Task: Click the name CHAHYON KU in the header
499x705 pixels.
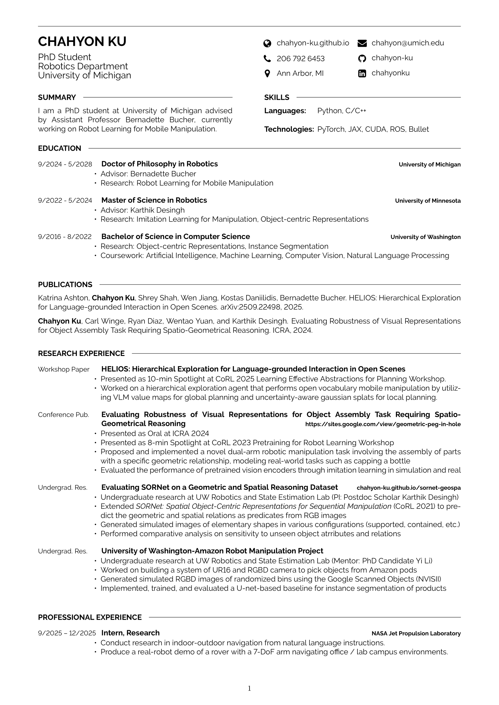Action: click(82, 42)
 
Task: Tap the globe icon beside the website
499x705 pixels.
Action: click(267, 44)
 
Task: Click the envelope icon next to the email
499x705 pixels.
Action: click(362, 44)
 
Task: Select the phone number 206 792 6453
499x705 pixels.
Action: click(300, 59)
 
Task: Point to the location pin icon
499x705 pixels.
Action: click(267, 74)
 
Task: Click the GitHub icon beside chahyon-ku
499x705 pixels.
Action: click(362, 58)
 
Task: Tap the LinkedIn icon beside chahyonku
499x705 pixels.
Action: click(362, 73)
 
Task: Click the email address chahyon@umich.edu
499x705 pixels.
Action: click(408, 43)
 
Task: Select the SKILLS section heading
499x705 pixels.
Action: click(277, 98)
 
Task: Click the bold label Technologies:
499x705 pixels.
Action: click(289, 129)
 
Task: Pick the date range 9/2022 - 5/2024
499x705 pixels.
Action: click(65, 201)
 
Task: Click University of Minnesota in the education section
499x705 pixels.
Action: click(428, 201)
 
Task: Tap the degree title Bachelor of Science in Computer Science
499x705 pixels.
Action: click(176, 236)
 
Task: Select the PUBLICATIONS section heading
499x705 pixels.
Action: click(65, 285)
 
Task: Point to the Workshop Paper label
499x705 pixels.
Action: click(64, 370)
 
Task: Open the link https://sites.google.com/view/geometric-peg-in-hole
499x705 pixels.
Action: click(383, 424)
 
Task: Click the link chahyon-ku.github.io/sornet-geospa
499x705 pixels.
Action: click(409, 488)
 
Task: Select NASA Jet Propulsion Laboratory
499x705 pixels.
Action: click(416, 634)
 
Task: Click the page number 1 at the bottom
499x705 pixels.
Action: click(249, 689)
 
